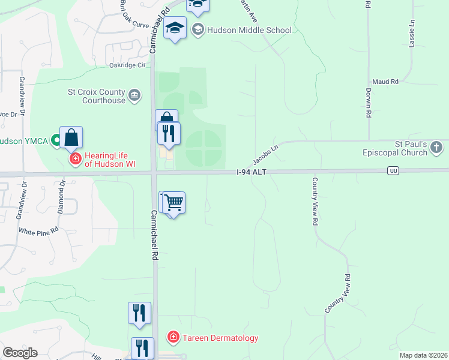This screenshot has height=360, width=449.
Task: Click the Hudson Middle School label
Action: tap(249, 30)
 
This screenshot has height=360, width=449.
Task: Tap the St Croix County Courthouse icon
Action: tap(135, 95)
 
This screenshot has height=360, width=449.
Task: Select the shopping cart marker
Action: tap(173, 203)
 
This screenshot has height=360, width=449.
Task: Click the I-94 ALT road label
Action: tap(251, 172)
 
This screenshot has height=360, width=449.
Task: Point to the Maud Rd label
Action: tap(385, 81)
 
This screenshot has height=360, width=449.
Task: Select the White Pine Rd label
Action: tap(38, 230)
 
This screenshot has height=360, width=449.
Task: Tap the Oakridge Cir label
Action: tap(127, 65)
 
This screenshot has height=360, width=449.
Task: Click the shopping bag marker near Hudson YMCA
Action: tap(71, 137)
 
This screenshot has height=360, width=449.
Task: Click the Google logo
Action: tap(20, 353)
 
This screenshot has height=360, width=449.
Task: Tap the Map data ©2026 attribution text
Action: tap(423, 355)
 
